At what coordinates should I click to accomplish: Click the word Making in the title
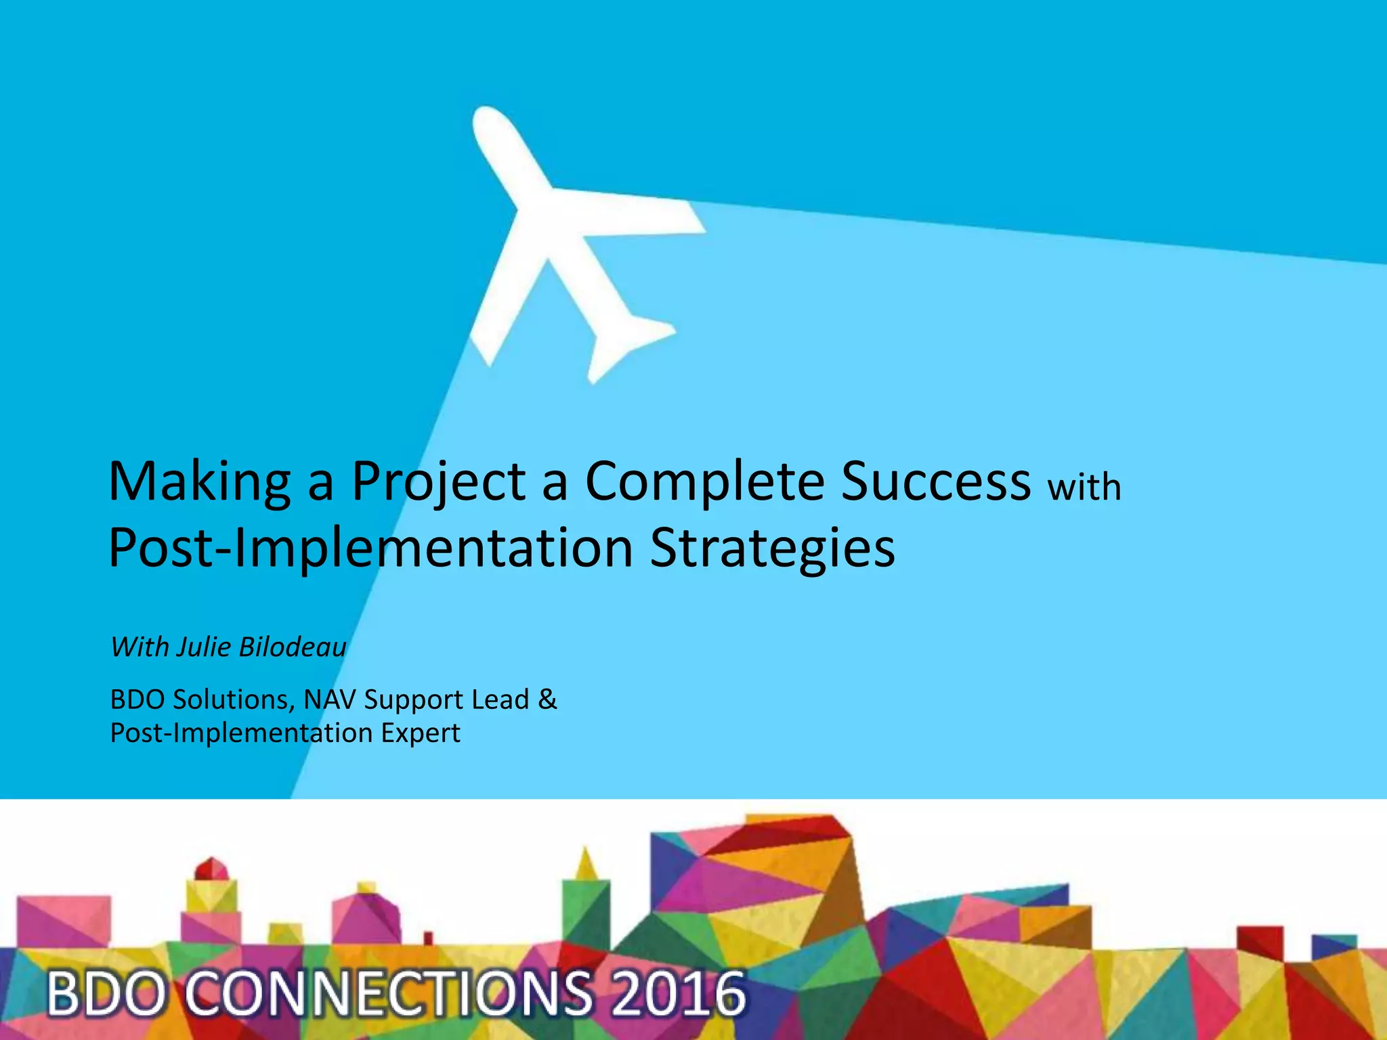199,482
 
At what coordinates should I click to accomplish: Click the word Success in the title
935,482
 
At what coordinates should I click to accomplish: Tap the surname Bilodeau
293,647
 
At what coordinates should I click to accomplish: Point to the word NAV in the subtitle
329,699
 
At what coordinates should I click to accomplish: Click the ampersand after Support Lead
547,699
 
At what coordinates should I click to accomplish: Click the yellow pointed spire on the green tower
586,864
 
